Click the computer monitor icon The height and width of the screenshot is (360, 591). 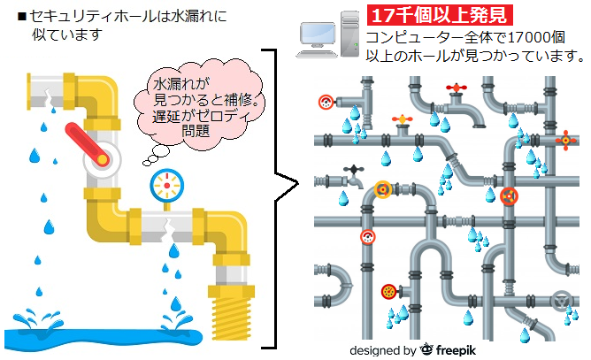point(316,34)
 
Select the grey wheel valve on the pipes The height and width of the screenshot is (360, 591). point(559,300)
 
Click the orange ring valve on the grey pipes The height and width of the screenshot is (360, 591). point(383,188)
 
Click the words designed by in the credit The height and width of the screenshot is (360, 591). point(383,349)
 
